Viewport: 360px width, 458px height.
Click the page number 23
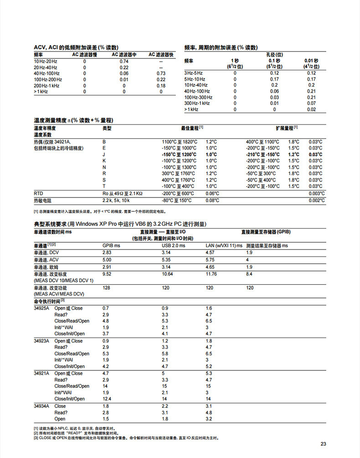(x=324, y=444)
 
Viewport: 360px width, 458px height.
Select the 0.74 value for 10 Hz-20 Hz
(x=124, y=61)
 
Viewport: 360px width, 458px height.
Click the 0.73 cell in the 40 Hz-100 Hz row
(x=161, y=73)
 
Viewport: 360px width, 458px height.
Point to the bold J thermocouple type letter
(x=104, y=154)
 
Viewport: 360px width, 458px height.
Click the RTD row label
(x=38, y=193)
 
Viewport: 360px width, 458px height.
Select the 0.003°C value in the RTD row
(x=316, y=193)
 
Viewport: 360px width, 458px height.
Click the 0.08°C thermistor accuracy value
(x=212, y=200)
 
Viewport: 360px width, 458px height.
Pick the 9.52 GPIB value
(x=107, y=274)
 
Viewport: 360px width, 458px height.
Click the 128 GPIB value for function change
(x=107, y=288)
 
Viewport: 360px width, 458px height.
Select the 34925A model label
(x=42, y=308)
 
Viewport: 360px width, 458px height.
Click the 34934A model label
(x=42, y=406)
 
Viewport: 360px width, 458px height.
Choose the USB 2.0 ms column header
(x=174, y=246)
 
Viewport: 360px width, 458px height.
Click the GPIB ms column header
(x=111, y=246)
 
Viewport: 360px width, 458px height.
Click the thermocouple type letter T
(x=104, y=186)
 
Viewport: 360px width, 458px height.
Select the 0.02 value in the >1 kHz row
(x=311, y=109)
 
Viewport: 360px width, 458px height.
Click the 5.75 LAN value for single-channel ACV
(x=210, y=259)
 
